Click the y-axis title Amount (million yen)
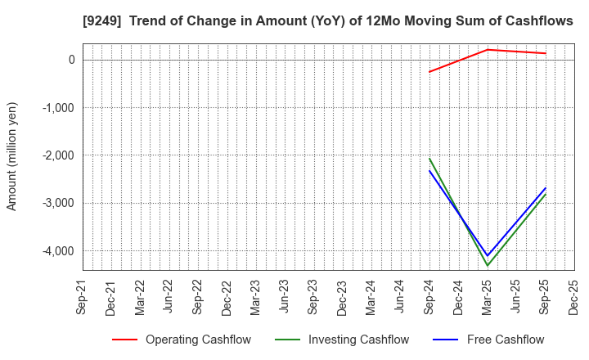tap(12, 156)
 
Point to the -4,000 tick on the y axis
tap(57, 251)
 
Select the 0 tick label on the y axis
tap(71, 60)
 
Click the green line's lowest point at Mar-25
tap(488, 265)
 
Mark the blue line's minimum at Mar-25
tap(488, 255)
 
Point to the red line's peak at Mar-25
tap(488, 50)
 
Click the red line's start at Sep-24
tap(429, 72)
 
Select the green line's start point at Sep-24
tap(429, 159)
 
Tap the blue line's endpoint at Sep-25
tap(546, 188)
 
